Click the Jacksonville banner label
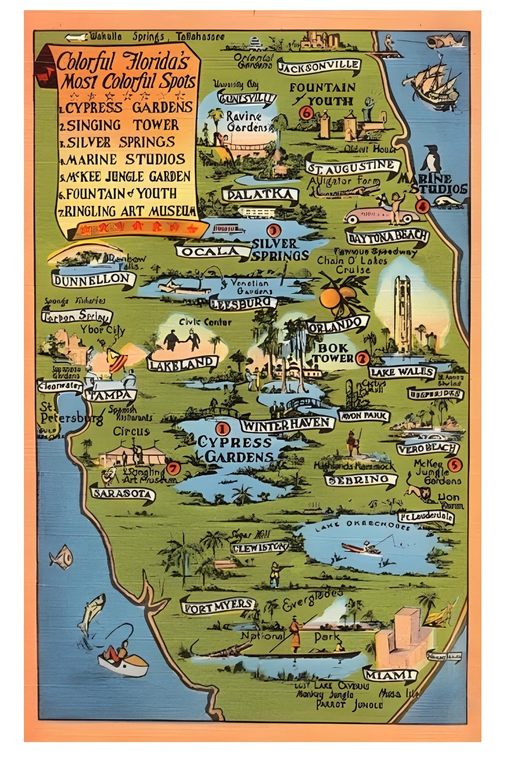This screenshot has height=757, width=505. [319, 66]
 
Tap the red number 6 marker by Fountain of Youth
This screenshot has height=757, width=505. [306, 113]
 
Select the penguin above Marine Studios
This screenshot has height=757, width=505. [432, 159]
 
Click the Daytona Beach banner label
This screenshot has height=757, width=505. [387, 236]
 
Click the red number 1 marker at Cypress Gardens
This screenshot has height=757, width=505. [221, 429]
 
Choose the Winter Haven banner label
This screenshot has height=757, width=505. [287, 423]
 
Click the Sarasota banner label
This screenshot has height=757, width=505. [123, 494]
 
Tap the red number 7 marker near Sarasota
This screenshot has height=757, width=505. [173, 468]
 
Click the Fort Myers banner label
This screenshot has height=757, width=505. [218, 605]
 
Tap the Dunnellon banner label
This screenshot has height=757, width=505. [93, 278]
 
